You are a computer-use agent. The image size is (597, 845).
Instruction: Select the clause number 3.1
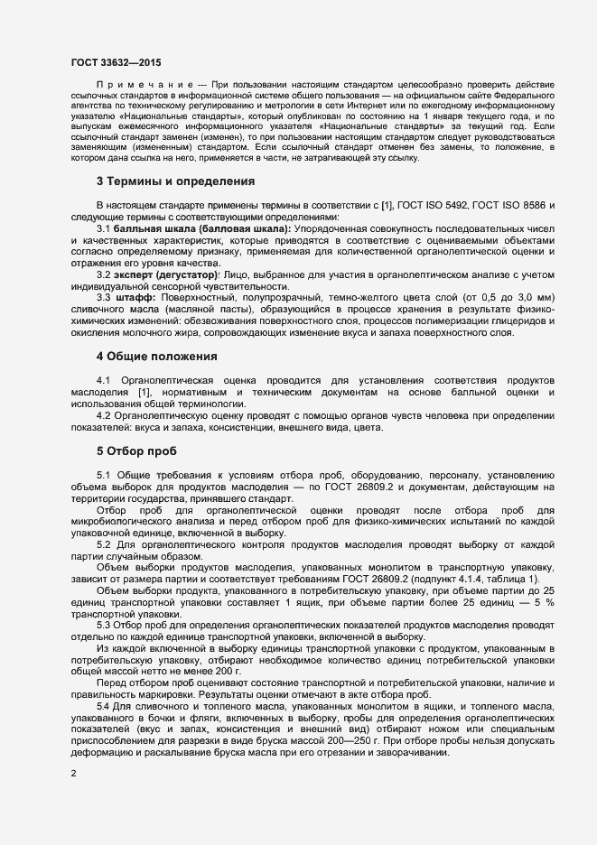coord(104,230)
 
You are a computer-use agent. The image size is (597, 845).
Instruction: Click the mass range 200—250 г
coord(340,742)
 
